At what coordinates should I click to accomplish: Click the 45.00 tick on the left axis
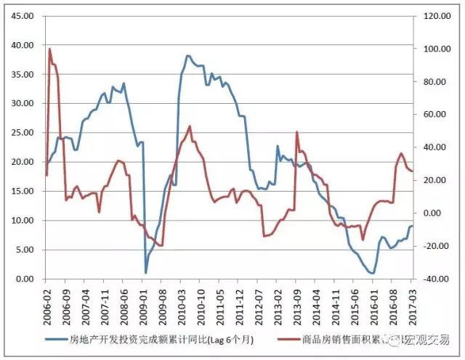[22, 15]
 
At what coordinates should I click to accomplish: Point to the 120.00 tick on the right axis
[429, 15]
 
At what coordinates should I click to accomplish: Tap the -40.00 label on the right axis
[429, 279]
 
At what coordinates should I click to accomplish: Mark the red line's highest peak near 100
[49, 49]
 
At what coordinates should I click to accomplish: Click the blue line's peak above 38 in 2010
[187, 55]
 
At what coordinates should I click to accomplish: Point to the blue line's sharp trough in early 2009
[146, 272]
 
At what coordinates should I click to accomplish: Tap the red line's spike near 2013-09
[296, 132]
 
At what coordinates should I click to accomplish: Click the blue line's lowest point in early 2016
[373, 273]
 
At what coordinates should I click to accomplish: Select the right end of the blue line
[412, 226]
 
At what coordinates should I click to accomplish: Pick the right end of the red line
[412, 171]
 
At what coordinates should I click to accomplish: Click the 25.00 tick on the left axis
[22, 132]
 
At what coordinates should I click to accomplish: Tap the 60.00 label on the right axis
[429, 114]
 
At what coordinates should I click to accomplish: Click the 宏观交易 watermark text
[429, 338]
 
